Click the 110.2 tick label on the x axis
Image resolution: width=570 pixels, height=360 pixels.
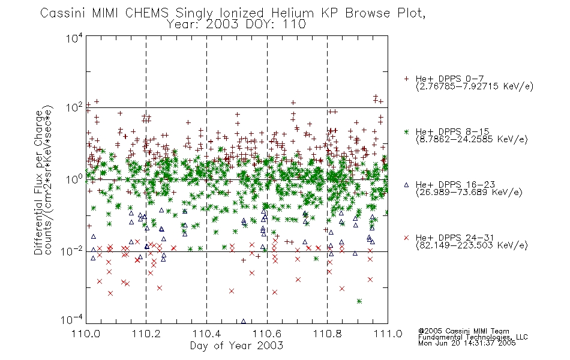point(146,334)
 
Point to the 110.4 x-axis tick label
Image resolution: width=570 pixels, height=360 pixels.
point(207,334)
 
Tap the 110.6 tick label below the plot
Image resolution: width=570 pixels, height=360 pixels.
point(267,334)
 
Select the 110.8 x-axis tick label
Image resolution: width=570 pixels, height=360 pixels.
point(328,334)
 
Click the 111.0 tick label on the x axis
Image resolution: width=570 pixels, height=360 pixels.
point(388,334)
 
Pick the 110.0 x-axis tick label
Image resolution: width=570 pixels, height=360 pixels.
point(86,334)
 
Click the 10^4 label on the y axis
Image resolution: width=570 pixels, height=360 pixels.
point(74,38)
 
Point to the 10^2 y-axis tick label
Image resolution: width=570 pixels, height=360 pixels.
point(74,108)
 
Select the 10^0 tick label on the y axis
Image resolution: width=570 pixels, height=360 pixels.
point(74,179)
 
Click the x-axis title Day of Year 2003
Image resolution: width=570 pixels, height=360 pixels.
point(236,346)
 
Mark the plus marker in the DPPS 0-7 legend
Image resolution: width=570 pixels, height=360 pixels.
point(407,79)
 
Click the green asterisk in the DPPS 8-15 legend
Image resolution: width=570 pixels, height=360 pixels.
point(407,132)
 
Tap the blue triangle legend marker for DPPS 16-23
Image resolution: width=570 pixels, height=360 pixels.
point(407,185)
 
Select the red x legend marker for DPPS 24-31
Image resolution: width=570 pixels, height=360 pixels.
point(407,238)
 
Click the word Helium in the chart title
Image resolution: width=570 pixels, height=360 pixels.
point(292,13)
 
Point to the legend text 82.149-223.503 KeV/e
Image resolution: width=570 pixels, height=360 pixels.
point(472,245)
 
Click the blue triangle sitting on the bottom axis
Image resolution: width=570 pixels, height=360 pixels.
point(243,322)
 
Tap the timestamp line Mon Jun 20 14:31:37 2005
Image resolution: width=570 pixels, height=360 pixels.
point(467,343)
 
